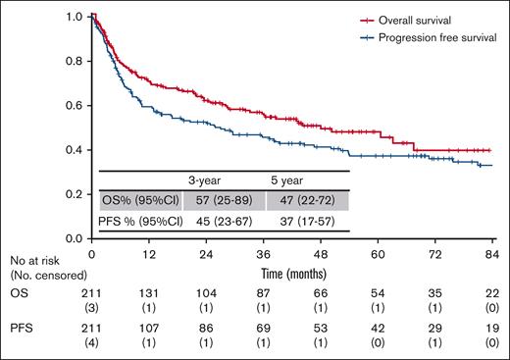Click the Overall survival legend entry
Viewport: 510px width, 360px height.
pos(421,19)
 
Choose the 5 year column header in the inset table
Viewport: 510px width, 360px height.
pos(291,179)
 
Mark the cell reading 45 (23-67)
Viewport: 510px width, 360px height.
pos(213,220)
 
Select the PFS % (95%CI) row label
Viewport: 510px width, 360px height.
pos(140,220)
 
